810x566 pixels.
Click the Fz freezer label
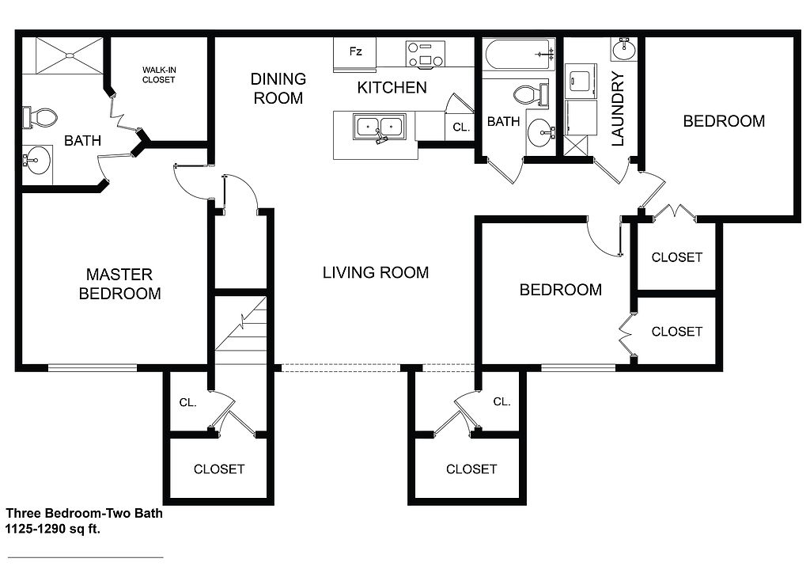pyautogui.click(x=355, y=51)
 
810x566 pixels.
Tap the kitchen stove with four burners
pyautogui.click(x=425, y=54)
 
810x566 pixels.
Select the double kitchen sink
pyautogui.click(x=379, y=127)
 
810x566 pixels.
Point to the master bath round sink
pyautogui.click(x=37, y=160)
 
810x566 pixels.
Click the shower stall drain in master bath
pyautogui.click(x=69, y=55)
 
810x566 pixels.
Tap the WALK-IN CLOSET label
pyautogui.click(x=158, y=75)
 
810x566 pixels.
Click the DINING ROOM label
pyautogui.click(x=278, y=89)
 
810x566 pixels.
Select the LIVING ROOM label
pyautogui.click(x=376, y=272)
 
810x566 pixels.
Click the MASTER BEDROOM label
pyautogui.click(x=120, y=283)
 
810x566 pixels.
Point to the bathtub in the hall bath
pyautogui.click(x=519, y=55)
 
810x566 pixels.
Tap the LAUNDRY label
pyautogui.click(x=618, y=108)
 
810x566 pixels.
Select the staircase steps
pyautogui.click(x=240, y=331)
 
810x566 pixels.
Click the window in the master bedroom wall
pyautogui.click(x=93, y=368)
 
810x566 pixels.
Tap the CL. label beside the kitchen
pyautogui.click(x=461, y=127)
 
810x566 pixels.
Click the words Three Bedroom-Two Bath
pyautogui.click(x=84, y=513)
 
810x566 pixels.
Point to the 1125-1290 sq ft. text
pyautogui.click(x=53, y=529)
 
